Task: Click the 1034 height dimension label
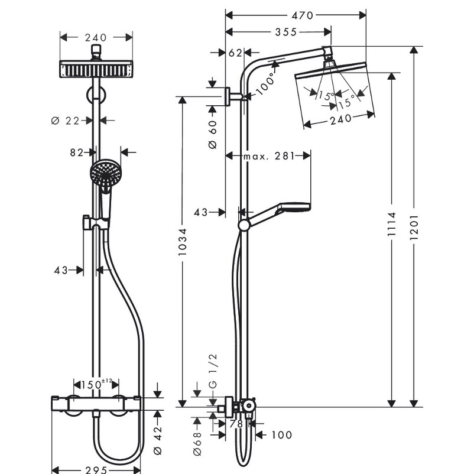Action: [x=183, y=242]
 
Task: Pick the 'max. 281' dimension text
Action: [x=269, y=156]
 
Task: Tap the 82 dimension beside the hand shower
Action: [x=76, y=152]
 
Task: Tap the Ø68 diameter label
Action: [x=199, y=437]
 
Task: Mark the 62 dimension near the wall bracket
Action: [x=235, y=53]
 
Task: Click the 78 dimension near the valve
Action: [x=236, y=423]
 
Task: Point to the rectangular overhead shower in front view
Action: [x=96, y=70]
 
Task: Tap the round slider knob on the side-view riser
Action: [x=244, y=225]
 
